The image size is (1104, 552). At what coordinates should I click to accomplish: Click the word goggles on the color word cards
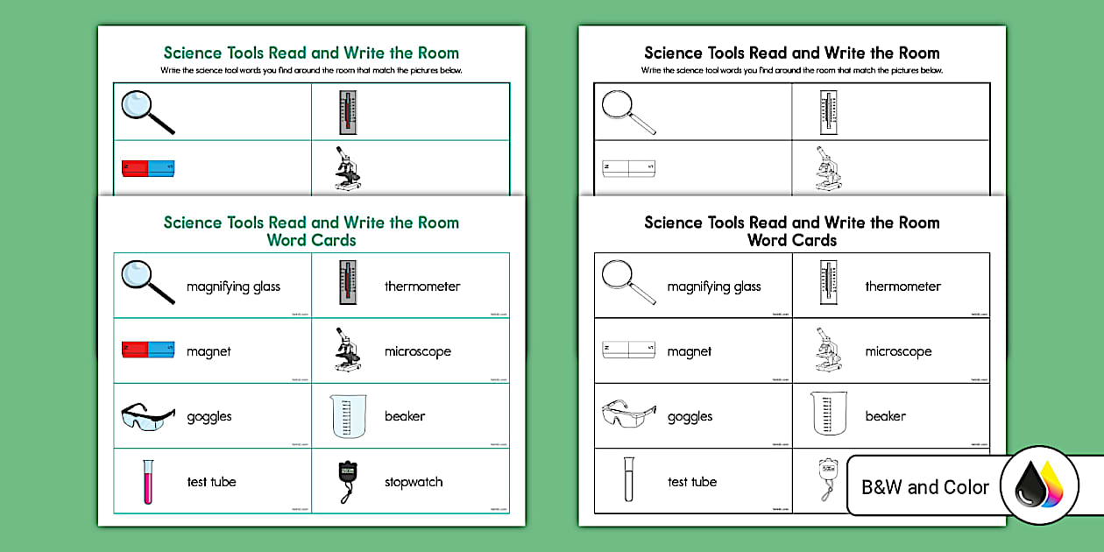click(x=209, y=417)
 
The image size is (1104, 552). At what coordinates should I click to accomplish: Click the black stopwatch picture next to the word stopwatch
click(x=348, y=481)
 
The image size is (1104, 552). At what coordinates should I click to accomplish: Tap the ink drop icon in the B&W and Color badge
click(x=1038, y=487)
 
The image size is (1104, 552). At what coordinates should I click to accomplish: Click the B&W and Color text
click(x=925, y=487)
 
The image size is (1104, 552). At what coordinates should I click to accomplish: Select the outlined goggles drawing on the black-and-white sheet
click(x=628, y=415)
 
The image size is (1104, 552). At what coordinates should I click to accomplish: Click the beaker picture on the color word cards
click(x=349, y=415)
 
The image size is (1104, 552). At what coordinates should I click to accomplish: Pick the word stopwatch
click(x=414, y=482)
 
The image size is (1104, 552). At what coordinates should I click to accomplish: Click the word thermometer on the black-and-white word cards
click(x=902, y=287)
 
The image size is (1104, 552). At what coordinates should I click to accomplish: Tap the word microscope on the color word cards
click(x=417, y=351)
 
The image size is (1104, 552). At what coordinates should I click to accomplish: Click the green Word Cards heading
click(x=311, y=240)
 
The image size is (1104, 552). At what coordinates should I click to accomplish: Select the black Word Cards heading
click(x=792, y=240)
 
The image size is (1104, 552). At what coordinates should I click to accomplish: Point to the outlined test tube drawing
click(x=628, y=480)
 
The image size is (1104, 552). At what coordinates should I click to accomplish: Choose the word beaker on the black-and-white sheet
click(x=885, y=416)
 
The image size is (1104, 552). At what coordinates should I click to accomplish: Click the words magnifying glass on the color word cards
click(x=233, y=287)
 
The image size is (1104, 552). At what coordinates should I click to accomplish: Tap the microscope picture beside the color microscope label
click(x=347, y=350)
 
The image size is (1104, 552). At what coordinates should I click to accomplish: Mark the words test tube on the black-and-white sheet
click(x=692, y=482)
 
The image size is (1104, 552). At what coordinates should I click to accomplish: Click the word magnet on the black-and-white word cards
click(x=690, y=351)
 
